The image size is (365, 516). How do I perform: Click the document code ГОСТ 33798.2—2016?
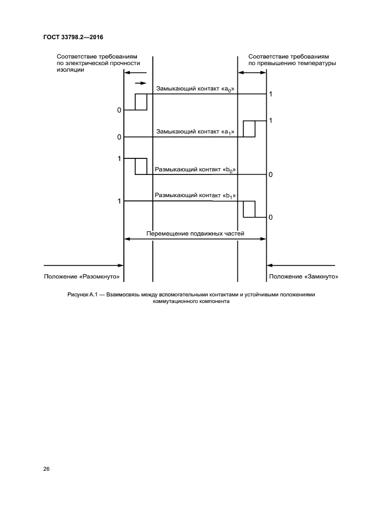point(73,38)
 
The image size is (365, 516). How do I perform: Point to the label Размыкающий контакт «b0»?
point(195,170)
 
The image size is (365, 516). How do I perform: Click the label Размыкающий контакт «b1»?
point(195,195)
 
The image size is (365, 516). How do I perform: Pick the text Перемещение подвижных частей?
point(195,233)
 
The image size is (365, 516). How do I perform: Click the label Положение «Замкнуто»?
point(304,276)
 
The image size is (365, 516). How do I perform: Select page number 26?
point(46,469)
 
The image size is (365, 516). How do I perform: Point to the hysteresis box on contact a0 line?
point(141,102)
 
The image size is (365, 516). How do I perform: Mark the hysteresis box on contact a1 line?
point(249,129)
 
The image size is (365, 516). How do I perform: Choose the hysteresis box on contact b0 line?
point(141,167)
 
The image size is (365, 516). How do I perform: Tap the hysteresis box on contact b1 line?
point(249,209)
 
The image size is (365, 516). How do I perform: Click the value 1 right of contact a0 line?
point(271,94)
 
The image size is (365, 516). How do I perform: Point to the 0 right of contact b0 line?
point(271,175)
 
